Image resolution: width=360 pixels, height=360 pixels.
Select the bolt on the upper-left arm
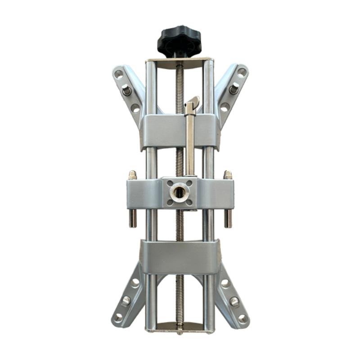[126, 91]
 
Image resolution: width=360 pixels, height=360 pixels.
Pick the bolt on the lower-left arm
[126, 299]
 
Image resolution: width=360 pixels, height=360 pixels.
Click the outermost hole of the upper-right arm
[242, 72]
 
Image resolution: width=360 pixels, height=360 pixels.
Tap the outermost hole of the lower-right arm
[242, 318]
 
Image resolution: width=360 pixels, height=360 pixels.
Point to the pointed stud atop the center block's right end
[228, 175]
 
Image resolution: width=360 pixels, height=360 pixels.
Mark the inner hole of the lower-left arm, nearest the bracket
[135, 283]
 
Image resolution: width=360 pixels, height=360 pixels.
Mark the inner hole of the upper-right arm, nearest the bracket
[225, 107]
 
